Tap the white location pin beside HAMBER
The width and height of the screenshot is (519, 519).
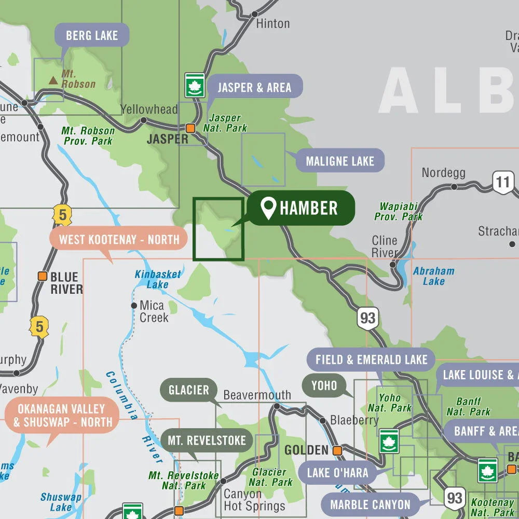[268, 208]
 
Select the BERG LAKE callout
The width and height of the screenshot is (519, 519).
[92, 35]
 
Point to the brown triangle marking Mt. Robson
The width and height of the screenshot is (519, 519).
[53, 80]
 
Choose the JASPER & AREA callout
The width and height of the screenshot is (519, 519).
[254, 87]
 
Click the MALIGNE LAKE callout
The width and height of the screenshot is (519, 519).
[339, 161]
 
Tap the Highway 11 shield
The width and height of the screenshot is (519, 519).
[502, 183]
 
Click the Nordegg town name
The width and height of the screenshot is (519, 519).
[443, 172]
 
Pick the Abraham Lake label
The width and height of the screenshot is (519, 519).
[434, 276]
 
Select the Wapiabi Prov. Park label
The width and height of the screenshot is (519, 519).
[399, 211]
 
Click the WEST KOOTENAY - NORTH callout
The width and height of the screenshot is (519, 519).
[119, 239]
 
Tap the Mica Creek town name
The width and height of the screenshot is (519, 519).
[152, 311]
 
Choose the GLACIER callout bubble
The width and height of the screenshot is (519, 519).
[188, 390]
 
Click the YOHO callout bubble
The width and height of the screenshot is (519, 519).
[324, 386]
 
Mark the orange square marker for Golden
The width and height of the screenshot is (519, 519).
[337, 450]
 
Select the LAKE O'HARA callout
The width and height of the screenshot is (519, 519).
[337, 473]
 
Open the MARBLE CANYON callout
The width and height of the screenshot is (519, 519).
[370, 504]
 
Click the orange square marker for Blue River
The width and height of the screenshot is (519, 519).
[43, 276]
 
